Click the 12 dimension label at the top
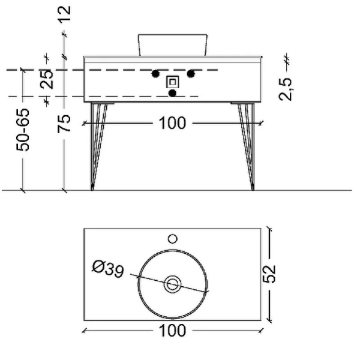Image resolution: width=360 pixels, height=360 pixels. [x=64, y=14]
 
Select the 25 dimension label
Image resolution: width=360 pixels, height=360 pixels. [x=47, y=79]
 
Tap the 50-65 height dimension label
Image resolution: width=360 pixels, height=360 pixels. [x=23, y=130]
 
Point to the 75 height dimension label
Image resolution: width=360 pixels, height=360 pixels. [x=64, y=124]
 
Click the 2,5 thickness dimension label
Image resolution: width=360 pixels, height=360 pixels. [x=286, y=89]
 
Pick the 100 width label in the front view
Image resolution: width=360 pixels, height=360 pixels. [x=172, y=123]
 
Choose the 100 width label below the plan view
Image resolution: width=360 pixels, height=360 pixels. [x=172, y=331]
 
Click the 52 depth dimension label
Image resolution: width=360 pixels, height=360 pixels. [x=269, y=274]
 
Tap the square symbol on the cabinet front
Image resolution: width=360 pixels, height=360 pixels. [x=173, y=82]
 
